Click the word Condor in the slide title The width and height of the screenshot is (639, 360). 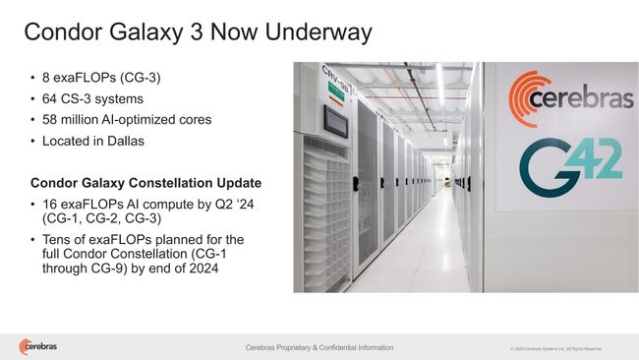pyautogui.click(x=61, y=32)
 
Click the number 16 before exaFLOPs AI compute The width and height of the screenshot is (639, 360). pyautogui.click(x=50, y=204)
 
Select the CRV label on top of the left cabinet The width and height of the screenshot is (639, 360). pyautogui.click(x=334, y=77)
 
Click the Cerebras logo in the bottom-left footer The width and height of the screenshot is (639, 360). pyautogui.click(x=37, y=346)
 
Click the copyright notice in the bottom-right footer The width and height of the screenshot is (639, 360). pyautogui.click(x=555, y=349)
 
